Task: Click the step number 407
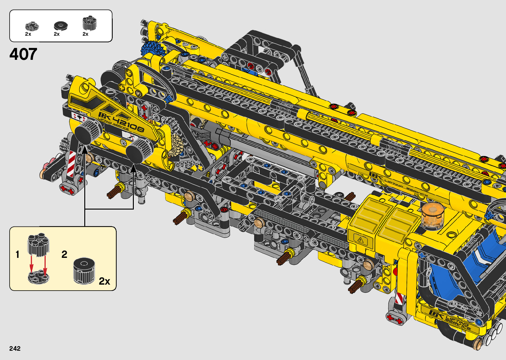click(23, 54)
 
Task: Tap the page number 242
click(15, 348)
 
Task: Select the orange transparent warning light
click(432, 215)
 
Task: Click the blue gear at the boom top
click(150, 49)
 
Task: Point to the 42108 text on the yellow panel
click(128, 124)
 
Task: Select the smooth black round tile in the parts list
click(60, 26)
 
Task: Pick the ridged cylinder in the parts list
click(90, 23)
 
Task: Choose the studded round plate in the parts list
click(32, 26)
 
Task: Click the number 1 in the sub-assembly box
click(18, 255)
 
